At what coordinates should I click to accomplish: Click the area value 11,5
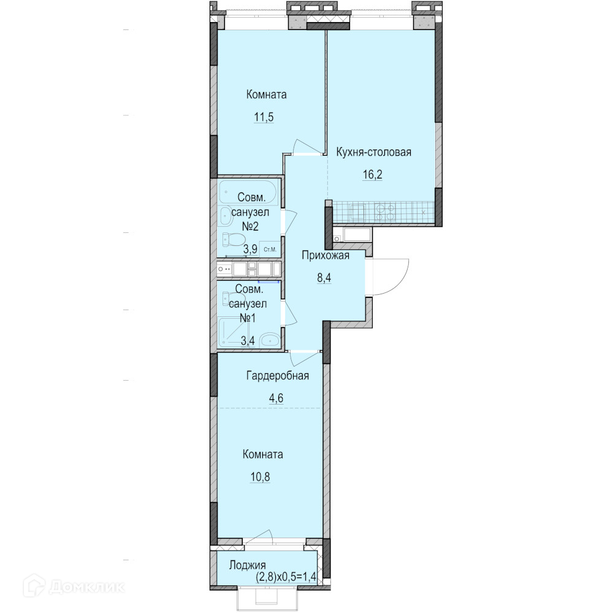[x=264, y=117]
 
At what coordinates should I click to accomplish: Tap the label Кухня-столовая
[x=374, y=152]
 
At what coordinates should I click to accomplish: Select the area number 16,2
[x=373, y=174]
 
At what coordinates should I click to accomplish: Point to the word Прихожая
[x=326, y=256]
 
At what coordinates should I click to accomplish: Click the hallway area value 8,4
[x=324, y=278]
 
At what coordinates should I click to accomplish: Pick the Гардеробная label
[x=278, y=376]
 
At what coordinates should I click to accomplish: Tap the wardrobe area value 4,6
[x=276, y=398]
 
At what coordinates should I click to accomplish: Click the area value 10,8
[x=261, y=477]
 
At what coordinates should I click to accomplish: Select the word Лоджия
[x=248, y=565]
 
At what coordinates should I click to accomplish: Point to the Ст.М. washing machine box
[x=270, y=249]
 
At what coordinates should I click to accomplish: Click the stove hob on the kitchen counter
[x=385, y=212]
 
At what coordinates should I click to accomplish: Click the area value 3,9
[x=250, y=249]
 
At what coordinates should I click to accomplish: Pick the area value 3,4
[x=248, y=341]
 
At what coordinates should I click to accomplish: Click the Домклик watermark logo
[x=74, y=587]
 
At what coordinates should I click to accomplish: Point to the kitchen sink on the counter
[x=357, y=213]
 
